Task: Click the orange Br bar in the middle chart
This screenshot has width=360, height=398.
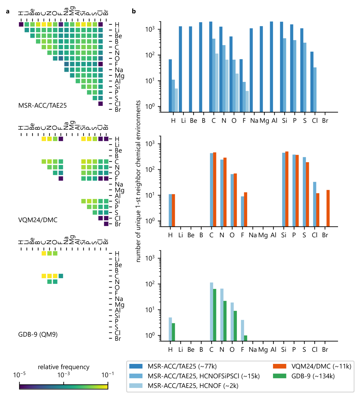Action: (x=328, y=208)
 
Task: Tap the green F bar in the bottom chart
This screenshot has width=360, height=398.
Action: (x=245, y=338)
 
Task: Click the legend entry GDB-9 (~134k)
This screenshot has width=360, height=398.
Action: (x=313, y=376)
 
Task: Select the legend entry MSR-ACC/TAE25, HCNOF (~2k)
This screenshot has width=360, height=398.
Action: (x=193, y=386)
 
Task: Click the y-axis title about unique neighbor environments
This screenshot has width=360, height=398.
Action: (x=138, y=181)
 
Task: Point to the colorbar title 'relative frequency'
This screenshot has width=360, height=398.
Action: (x=64, y=367)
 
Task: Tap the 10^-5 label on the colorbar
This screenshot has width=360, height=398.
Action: (x=19, y=375)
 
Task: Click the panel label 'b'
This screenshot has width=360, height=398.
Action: (x=134, y=11)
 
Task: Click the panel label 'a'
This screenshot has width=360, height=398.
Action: (x=8, y=11)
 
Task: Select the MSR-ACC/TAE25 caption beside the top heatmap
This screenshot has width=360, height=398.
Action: (x=42, y=105)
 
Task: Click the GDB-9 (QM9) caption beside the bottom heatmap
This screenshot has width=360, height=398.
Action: (x=38, y=334)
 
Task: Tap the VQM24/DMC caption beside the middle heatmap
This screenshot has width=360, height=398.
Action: (x=38, y=220)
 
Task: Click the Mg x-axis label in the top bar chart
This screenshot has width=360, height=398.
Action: (x=264, y=121)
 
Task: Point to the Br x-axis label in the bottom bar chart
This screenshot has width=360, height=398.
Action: (x=325, y=350)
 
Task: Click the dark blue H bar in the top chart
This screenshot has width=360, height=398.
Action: (x=170, y=86)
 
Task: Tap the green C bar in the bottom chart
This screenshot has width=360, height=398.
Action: (x=215, y=315)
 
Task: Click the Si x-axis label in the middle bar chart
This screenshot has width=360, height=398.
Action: (x=284, y=235)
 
